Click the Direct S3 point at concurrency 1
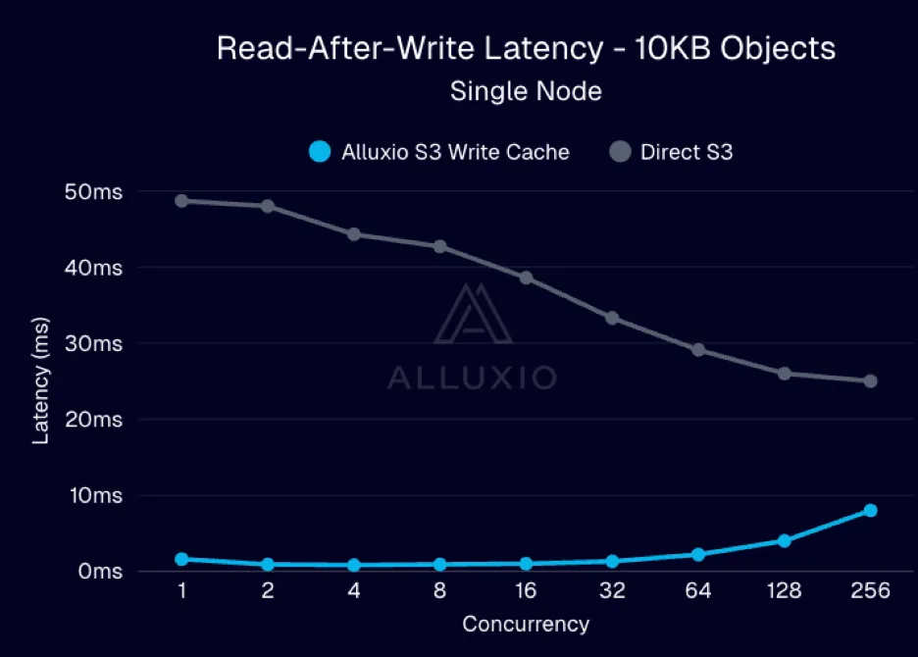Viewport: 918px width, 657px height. (x=181, y=200)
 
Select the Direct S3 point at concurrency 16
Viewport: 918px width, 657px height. (x=526, y=278)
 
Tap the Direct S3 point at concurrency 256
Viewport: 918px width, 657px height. (x=870, y=380)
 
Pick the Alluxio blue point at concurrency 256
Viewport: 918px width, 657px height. (x=870, y=510)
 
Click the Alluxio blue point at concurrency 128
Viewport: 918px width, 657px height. (x=784, y=540)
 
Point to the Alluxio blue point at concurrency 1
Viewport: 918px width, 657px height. (x=181, y=559)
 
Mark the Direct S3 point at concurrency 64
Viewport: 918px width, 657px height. (x=698, y=349)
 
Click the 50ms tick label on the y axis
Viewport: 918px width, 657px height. (x=95, y=192)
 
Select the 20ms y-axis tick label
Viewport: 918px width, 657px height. (x=95, y=420)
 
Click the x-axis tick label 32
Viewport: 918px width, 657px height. (x=612, y=591)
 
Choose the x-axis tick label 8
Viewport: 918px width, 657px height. (x=439, y=591)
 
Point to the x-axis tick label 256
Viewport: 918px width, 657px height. (x=870, y=591)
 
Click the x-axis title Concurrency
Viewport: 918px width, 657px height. (x=526, y=625)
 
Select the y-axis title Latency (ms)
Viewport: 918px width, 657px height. (x=41, y=380)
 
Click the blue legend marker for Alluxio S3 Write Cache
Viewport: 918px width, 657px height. (x=319, y=152)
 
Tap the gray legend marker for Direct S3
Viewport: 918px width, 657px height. (x=620, y=152)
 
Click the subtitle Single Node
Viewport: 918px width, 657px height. (x=526, y=92)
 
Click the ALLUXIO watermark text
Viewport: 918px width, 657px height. (x=472, y=378)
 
